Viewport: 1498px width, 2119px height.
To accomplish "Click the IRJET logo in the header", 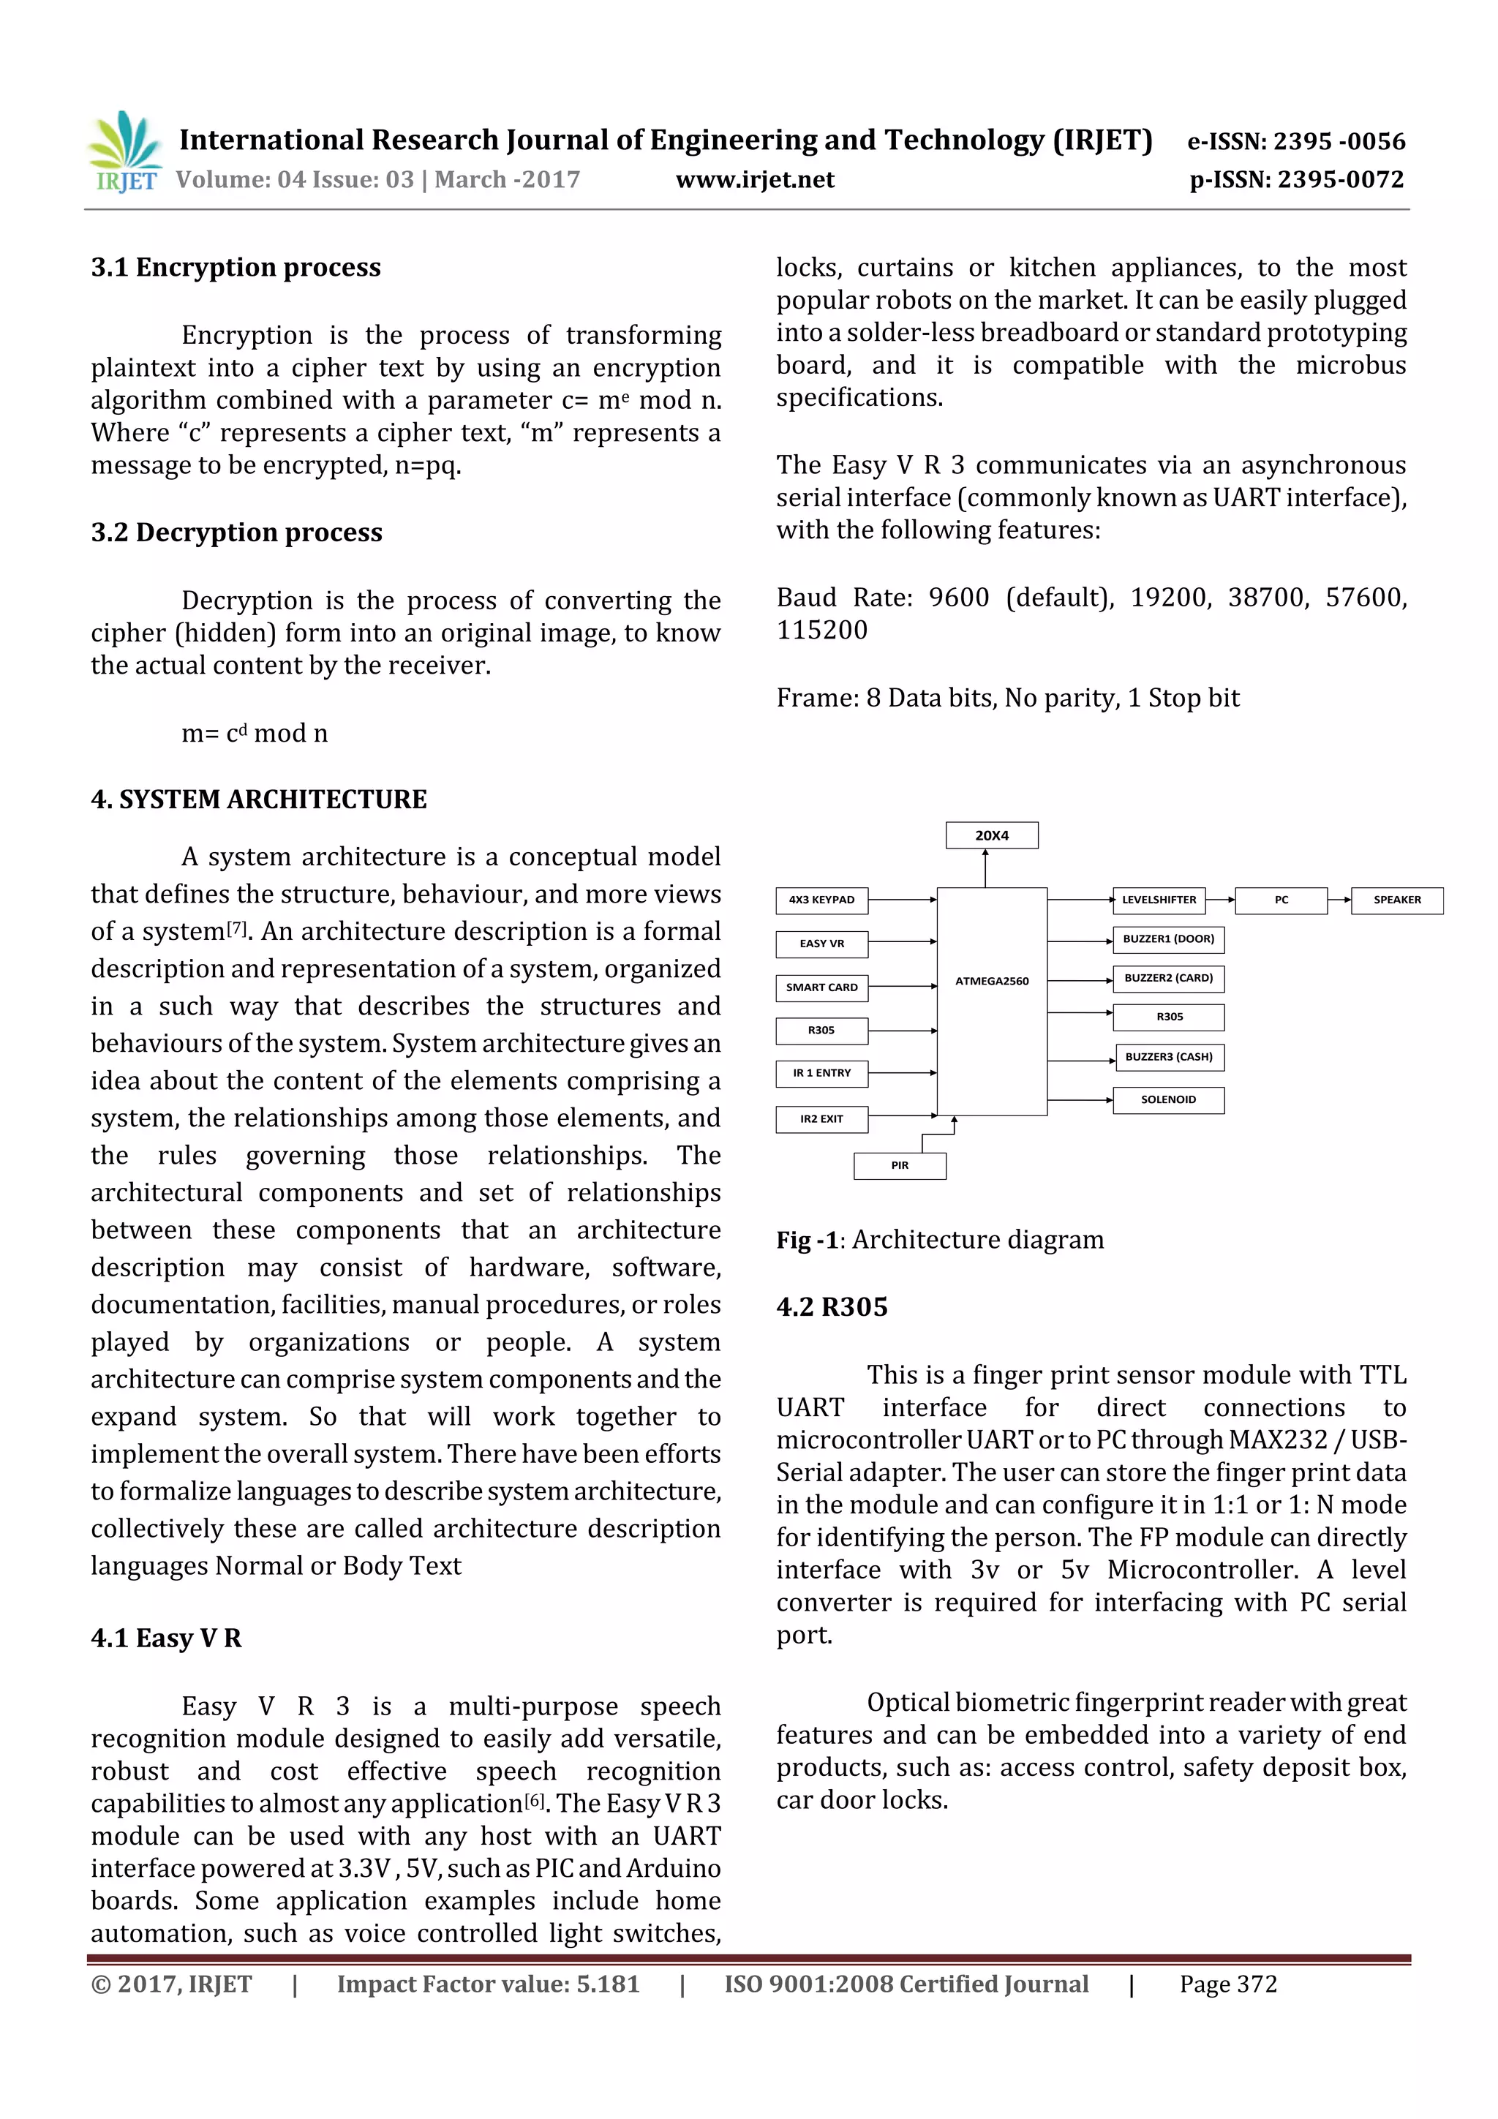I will (x=124, y=152).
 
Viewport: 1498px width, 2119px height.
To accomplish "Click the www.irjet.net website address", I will (x=754, y=180).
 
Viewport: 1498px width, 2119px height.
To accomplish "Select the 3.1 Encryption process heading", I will (x=236, y=268).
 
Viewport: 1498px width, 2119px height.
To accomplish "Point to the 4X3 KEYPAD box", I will (x=821, y=900).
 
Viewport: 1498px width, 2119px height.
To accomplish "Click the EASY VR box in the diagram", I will (x=821, y=944).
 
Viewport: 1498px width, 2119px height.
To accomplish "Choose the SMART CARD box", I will (x=821, y=987).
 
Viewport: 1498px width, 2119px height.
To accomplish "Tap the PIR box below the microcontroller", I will (x=899, y=1166).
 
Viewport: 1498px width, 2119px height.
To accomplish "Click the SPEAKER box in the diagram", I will (x=1396, y=900).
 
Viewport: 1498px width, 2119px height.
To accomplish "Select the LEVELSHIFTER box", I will (x=1159, y=900).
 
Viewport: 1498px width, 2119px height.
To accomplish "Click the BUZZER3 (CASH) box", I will (x=1169, y=1057).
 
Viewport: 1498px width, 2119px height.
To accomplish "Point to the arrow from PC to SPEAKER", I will (x=1339, y=900).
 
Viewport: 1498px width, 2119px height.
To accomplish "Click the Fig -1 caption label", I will (x=807, y=1241).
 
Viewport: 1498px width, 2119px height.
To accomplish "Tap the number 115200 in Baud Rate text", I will (x=821, y=631).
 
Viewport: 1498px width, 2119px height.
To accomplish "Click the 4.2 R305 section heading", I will (x=832, y=1308).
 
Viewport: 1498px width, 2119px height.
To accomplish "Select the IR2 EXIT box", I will (x=821, y=1118).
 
